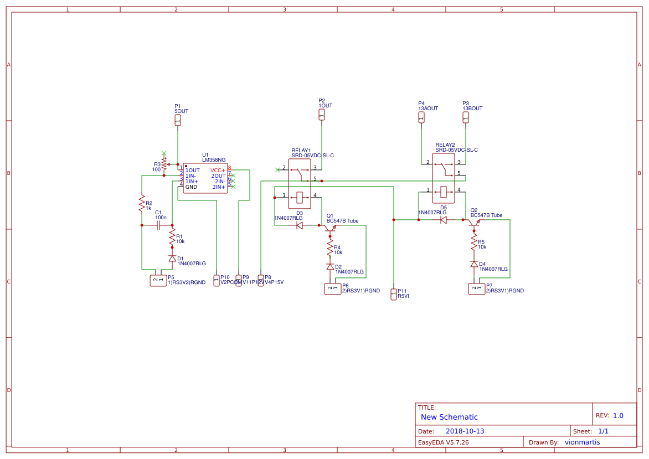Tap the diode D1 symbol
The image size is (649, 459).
tap(172, 259)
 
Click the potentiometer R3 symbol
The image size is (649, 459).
tap(164, 164)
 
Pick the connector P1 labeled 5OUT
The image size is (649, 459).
tap(178, 120)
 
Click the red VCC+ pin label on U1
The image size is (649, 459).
tap(218, 170)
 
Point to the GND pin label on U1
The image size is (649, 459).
tap(191, 187)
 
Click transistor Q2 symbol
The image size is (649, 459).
tap(474, 222)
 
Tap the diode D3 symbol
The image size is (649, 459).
tap(300, 225)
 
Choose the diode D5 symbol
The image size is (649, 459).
tap(443, 220)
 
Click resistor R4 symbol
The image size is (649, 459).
tap(330, 245)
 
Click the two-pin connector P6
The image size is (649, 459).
tap(332, 288)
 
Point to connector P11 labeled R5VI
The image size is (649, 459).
tap(394, 294)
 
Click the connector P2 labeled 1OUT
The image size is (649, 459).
tap(322, 115)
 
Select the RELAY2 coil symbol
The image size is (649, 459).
tap(443, 192)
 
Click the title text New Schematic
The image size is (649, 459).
tap(449, 417)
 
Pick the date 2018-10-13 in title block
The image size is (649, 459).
tap(465, 431)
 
